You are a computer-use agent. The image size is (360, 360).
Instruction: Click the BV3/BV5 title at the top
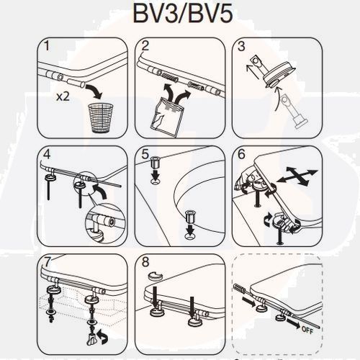click(180, 14)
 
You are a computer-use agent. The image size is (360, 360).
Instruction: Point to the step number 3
click(241, 46)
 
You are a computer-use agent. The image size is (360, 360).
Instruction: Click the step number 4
click(47, 153)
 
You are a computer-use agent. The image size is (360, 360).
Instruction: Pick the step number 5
click(144, 153)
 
